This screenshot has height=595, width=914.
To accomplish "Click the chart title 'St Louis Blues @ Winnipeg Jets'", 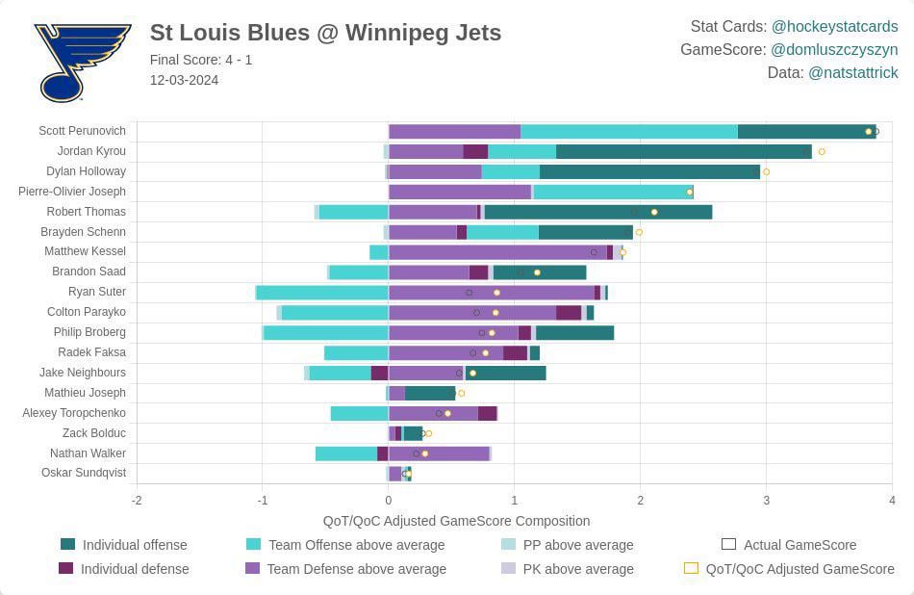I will coord(325,33).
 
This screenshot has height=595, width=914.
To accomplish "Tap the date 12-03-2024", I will coord(184,80).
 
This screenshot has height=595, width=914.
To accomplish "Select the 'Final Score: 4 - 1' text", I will coord(201,60).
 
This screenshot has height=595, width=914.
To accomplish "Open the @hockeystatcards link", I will coord(834,27).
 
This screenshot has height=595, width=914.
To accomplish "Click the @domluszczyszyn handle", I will coord(834,49).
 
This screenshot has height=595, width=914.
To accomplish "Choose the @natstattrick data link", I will coord(852,73).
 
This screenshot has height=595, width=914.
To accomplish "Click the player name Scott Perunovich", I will coord(82,131).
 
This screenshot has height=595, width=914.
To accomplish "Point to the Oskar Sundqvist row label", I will coord(83,473).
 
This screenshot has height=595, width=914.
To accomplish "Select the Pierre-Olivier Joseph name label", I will coord(72,192).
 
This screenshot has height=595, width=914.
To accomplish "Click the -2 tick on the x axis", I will coord(137,501).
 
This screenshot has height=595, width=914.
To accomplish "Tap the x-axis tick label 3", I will coord(766,501).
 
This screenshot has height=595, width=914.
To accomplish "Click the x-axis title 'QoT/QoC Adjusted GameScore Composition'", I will coord(456,521).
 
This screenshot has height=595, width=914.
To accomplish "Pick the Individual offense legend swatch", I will coord(67,545).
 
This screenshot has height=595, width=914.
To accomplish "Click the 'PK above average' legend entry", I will coord(577,569).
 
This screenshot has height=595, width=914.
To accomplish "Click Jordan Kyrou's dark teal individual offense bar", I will coord(683,151).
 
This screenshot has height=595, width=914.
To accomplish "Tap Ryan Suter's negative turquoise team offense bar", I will coord(322,293).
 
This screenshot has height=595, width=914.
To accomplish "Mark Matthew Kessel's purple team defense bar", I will coord(497,252).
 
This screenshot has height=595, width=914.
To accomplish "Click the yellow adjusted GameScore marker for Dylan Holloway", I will coord(766,172).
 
